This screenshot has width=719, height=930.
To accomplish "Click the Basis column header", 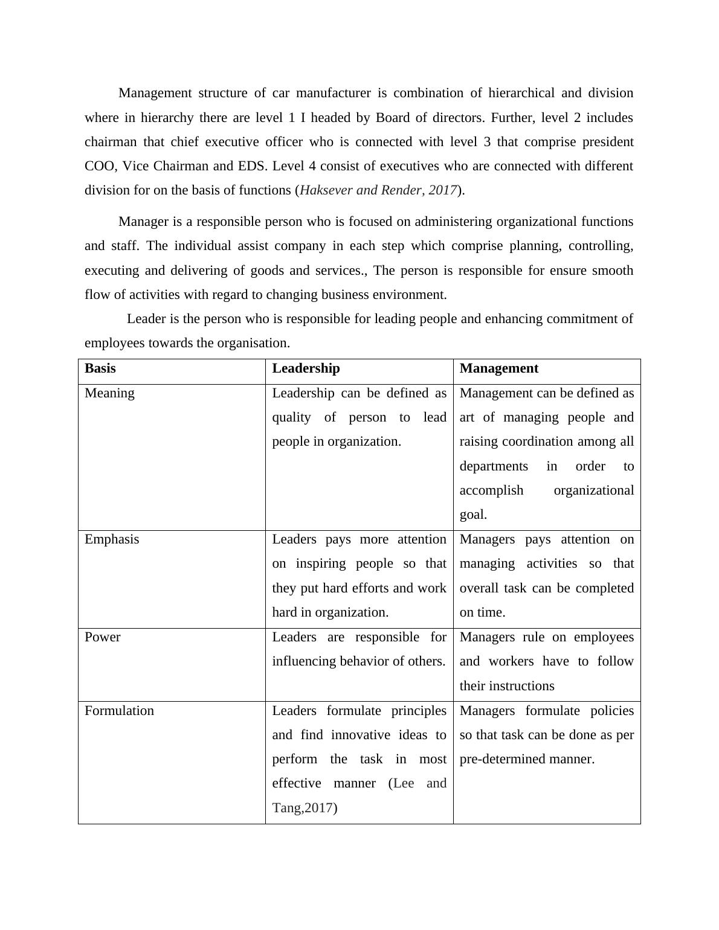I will click(100, 368).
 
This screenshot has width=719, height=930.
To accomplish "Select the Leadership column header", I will click(306, 368).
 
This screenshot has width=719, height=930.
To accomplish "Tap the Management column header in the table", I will click(498, 368).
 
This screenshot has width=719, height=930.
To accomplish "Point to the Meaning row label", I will click(109, 393).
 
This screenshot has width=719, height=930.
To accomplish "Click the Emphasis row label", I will click(112, 539).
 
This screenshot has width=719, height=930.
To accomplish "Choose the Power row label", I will click(102, 637).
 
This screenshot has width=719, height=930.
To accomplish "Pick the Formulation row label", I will click(119, 711).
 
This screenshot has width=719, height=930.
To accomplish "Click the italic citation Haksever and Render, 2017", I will click(378, 190).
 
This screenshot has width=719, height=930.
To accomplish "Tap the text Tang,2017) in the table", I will click(305, 808).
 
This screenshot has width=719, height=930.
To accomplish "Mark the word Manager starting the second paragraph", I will click(144, 222).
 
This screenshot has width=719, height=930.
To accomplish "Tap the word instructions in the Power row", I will click(523, 686).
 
